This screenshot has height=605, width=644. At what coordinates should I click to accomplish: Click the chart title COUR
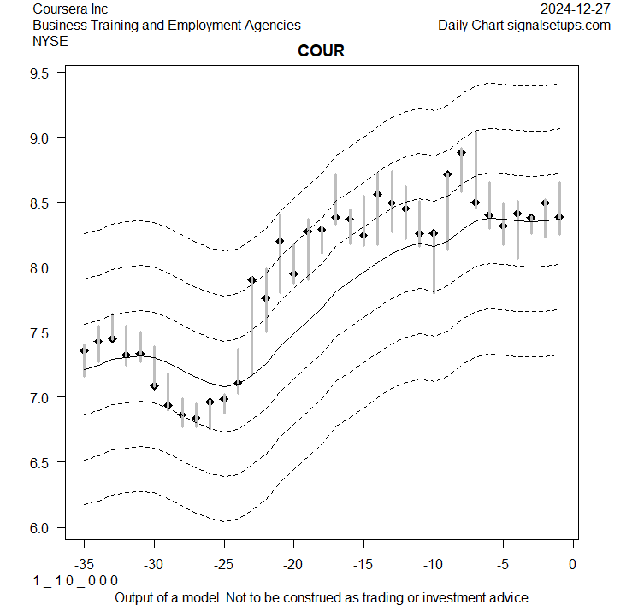coord(321,51)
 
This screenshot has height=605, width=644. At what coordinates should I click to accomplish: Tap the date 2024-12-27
coord(576,9)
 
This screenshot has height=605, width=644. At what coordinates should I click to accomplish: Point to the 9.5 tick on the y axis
coord(44,73)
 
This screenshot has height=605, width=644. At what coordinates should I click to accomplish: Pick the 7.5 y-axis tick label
coord(44,332)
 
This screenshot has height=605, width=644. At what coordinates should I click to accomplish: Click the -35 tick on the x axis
coord(84,564)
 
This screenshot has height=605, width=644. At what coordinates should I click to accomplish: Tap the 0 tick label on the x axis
coord(572,564)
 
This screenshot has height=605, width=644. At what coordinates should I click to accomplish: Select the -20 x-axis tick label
coord(293,564)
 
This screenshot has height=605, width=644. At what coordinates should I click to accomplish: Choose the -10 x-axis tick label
coord(433,564)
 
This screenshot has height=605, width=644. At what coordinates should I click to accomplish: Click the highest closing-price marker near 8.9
coord(461,153)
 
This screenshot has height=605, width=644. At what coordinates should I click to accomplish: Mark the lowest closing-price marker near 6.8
coord(196,419)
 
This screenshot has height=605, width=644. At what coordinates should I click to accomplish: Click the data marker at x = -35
coord(84,350)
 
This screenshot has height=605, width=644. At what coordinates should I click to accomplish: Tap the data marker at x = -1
coord(559,217)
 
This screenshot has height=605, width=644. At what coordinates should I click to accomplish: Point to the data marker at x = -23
coord(251,279)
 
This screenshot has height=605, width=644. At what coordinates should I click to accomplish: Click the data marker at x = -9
coord(447,174)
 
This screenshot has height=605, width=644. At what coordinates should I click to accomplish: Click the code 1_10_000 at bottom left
coord(75,580)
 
